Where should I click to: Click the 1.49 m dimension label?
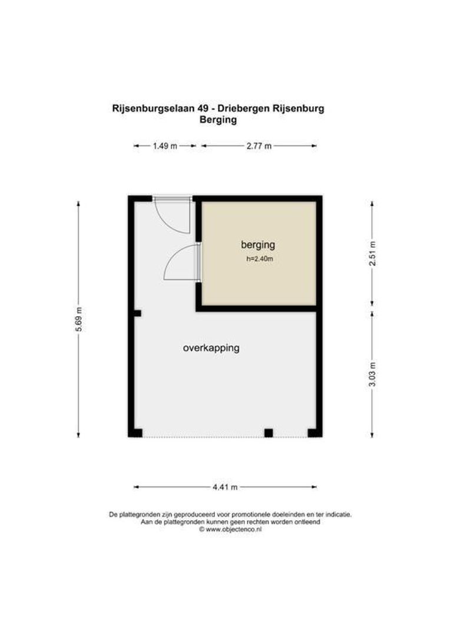(165, 146)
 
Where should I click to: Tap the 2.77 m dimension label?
(259, 146)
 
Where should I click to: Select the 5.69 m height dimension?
(78, 319)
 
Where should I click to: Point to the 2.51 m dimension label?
(372, 254)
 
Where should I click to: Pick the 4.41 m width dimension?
(225, 487)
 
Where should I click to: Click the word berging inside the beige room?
(258, 244)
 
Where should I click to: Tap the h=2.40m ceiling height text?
(260, 258)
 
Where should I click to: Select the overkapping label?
(211, 348)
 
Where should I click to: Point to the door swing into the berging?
(180, 263)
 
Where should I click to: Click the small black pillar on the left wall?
(137, 313)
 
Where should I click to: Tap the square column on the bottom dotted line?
(269, 433)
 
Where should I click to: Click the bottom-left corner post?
(135, 432)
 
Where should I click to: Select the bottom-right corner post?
(315, 432)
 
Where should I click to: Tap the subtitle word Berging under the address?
(218, 120)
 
